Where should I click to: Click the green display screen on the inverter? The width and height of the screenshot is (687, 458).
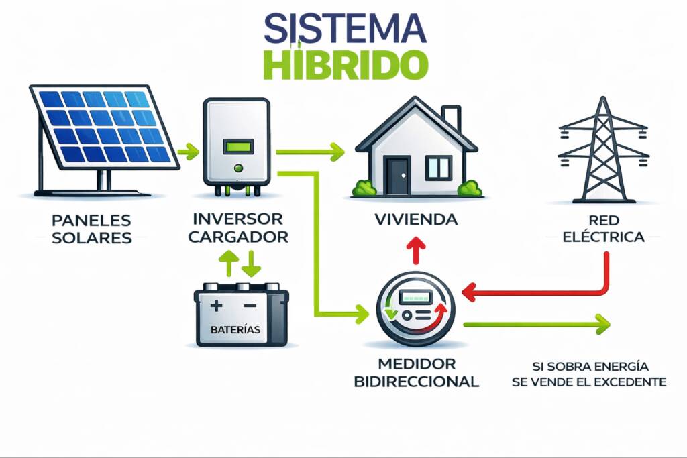[237, 146]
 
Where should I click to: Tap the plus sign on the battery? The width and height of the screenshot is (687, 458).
[216, 306]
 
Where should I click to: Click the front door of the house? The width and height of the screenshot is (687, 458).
[397, 176]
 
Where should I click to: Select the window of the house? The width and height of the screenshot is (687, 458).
[439, 168]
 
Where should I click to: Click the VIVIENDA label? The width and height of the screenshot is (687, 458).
[416, 219]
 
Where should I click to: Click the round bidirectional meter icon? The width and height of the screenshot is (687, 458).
[415, 311]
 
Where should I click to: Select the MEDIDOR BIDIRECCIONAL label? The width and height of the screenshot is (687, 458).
[416, 373]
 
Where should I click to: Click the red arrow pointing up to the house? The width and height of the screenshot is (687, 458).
[416, 250]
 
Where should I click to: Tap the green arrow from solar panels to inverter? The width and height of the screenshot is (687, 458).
[189, 151]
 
